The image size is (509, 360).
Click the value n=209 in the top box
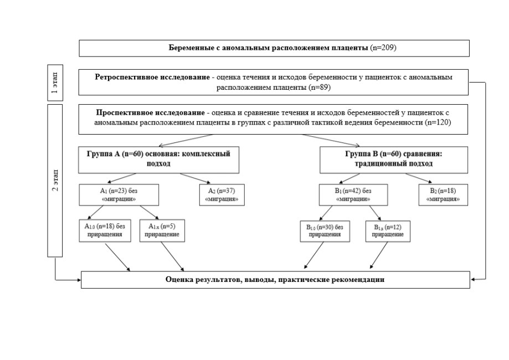point(383,48)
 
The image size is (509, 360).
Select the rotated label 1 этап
point(55,83)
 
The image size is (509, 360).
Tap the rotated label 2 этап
point(55,180)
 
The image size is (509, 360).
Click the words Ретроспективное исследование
point(152,77)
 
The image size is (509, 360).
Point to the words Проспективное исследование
point(150,112)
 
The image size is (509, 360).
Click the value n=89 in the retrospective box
point(320,88)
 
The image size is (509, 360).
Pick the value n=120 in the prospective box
point(438,123)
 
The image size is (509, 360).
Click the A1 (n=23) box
point(119,195)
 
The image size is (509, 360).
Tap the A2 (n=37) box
point(222,195)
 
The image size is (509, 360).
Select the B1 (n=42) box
point(353,195)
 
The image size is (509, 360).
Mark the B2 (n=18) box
point(443,195)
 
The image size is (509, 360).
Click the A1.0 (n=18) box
point(105,230)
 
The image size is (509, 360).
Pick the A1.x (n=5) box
point(162,230)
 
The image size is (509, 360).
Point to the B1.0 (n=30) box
point(325,231)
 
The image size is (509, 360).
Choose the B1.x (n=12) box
point(388,231)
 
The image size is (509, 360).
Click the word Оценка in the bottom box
point(178,280)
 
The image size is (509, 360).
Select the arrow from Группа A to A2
point(196,178)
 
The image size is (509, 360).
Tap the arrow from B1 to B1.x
point(375,213)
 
